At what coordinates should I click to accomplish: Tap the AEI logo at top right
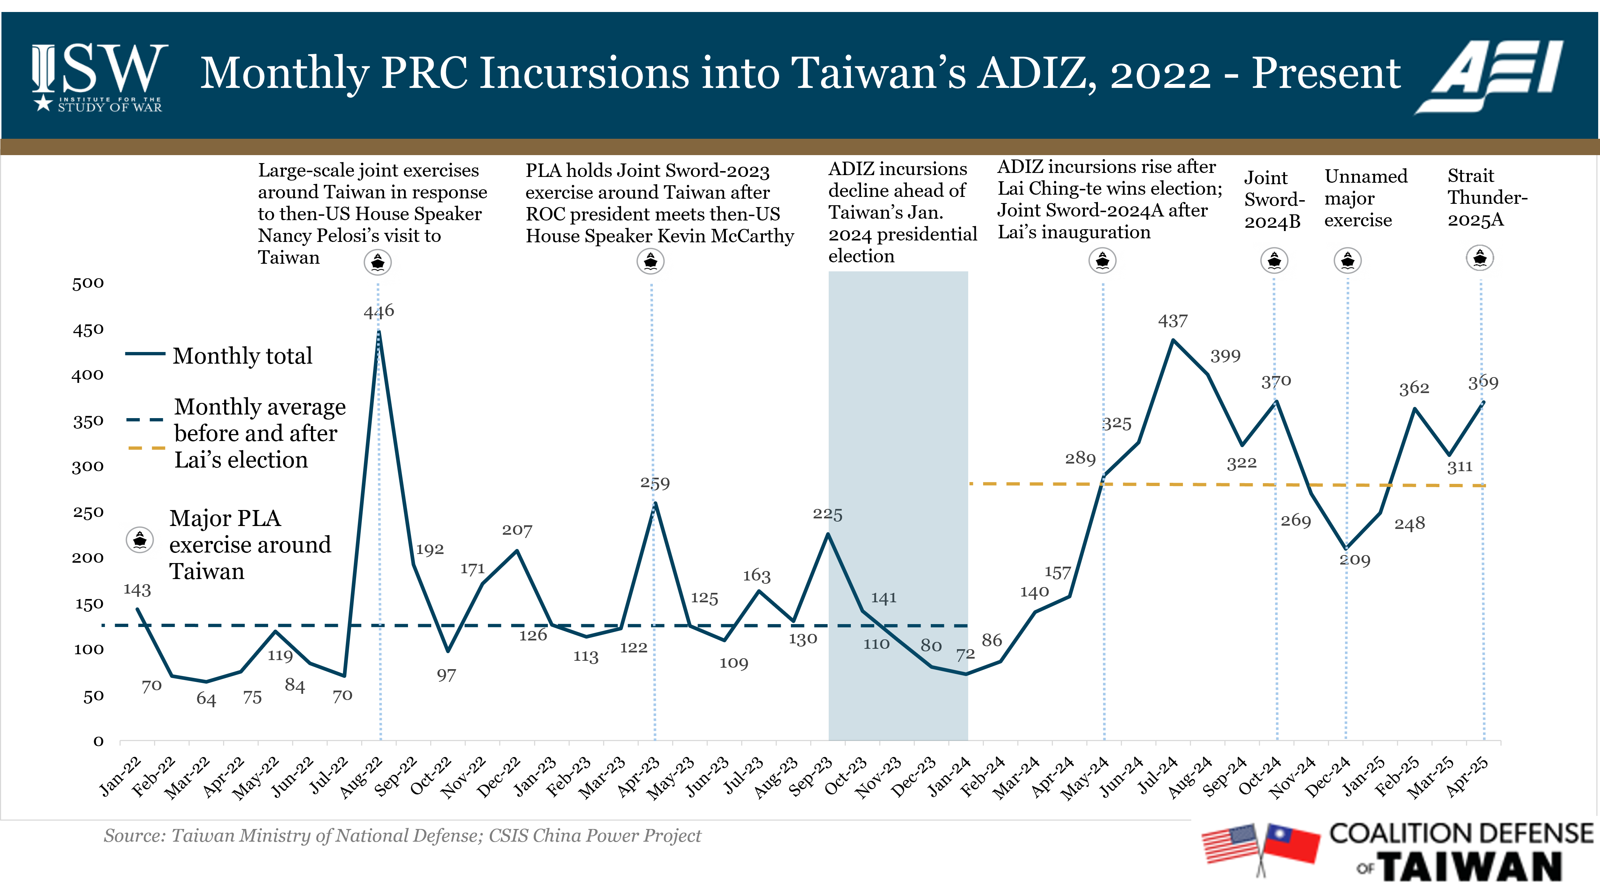[1491, 76]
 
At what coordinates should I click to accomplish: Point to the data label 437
[1173, 321]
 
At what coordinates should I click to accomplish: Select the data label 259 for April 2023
[655, 483]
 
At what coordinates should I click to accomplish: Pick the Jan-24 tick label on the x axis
[949, 776]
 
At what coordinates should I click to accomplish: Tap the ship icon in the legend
[140, 540]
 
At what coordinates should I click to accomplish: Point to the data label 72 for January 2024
[965, 655]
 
